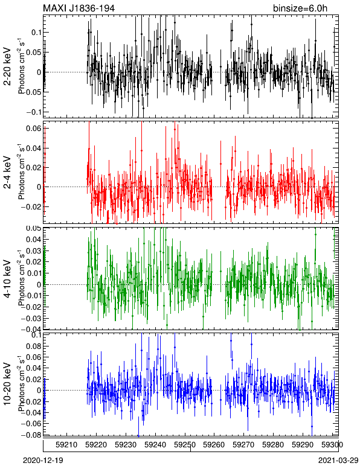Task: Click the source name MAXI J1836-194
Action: tap(79, 8)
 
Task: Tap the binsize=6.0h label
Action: tap(300, 8)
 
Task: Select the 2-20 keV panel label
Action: tap(7, 66)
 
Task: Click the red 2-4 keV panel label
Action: tap(7, 173)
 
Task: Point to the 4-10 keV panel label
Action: tap(7, 279)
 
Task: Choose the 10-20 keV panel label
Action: tap(7, 384)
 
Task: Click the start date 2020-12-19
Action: tap(43, 461)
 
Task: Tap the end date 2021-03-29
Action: tap(338, 461)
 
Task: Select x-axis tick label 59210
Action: tap(66, 445)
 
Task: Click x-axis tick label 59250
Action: tap(185, 445)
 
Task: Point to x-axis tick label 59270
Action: tap(243, 445)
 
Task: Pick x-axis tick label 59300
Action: tap(332, 445)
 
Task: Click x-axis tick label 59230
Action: tap(126, 445)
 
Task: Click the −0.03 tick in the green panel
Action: tap(31, 318)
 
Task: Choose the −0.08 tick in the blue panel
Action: tap(31, 435)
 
